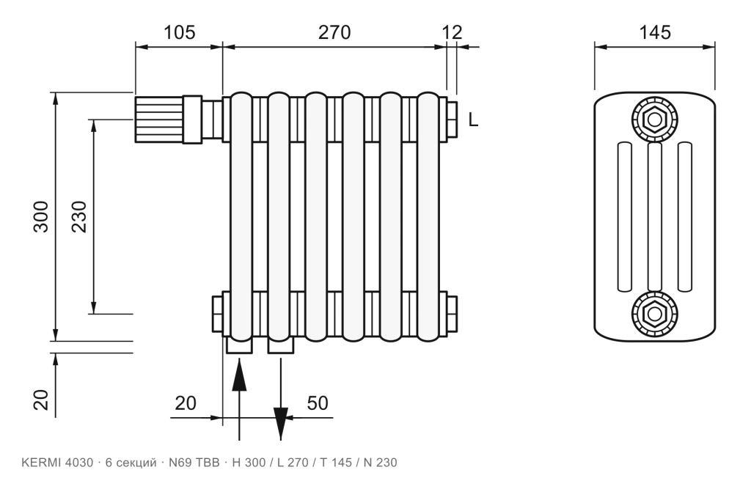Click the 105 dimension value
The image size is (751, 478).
(180, 32)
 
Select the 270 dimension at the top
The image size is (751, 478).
(334, 32)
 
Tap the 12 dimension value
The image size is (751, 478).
(452, 32)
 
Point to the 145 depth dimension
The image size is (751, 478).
(655, 32)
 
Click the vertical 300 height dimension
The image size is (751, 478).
(41, 216)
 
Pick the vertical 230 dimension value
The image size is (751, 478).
(79, 216)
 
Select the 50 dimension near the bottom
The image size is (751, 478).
(318, 403)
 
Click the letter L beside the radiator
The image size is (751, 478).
(473, 119)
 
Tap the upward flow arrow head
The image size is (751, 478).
(239, 377)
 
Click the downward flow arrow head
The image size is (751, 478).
(281, 422)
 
